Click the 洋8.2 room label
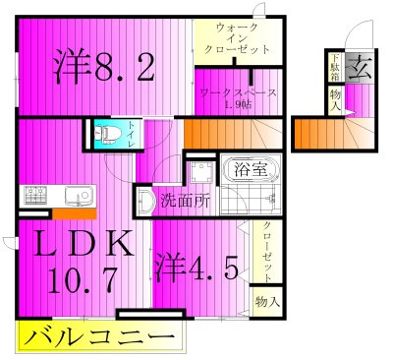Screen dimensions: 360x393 pyautogui.click(x=102, y=67)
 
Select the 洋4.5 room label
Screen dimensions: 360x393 pyautogui.click(x=196, y=268)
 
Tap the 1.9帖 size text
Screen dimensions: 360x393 pyautogui.click(x=237, y=103)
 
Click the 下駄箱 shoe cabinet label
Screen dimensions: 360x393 pyautogui.click(x=333, y=72)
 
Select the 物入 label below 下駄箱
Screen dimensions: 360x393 pyautogui.click(x=336, y=101)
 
